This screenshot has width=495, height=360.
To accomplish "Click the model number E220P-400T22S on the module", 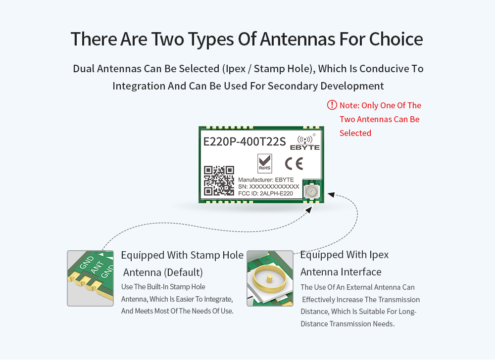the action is click(245, 142).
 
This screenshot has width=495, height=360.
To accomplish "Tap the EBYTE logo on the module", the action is click(305, 142).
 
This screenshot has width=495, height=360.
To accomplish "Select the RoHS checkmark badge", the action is click(264, 163).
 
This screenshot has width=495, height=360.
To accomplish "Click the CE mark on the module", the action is click(294, 164).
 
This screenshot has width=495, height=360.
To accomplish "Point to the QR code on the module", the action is click(219, 180).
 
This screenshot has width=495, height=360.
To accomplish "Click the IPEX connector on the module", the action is click(312, 191).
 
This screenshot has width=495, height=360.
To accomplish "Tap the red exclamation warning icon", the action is click(332, 105).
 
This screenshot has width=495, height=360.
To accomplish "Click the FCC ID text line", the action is click(265, 193).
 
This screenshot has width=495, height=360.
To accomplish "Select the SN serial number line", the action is click(268, 186).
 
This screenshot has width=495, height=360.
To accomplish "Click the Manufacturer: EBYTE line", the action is click(266, 180).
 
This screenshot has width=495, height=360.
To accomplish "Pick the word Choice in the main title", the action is click(396, 39).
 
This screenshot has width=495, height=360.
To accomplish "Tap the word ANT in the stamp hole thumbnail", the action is click(97, 268).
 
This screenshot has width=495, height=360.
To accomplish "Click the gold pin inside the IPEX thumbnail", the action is click(270, 278).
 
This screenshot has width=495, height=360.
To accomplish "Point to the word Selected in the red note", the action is click(355, 133).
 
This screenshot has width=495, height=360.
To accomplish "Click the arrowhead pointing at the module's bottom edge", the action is click(309, 209).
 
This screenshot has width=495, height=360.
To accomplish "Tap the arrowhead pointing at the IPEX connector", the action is click(331, 194).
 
